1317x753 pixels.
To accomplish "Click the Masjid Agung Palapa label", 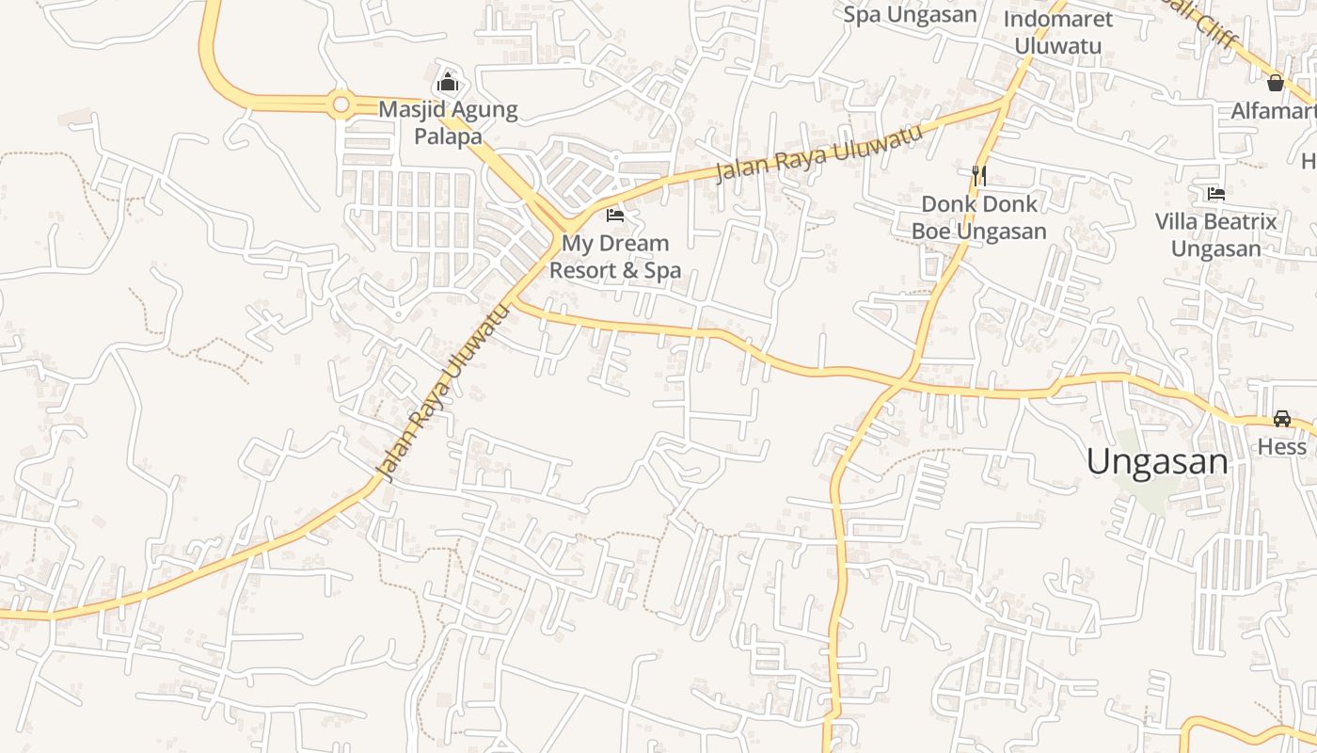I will (x=448, y=122).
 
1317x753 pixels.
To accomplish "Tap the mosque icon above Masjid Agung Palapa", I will (x=448, y=82).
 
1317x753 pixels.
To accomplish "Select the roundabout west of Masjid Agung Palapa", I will (x=341, y=104).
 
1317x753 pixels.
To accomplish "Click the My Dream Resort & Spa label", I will (x=614, y=257).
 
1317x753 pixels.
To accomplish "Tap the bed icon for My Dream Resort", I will (x=615, y=215).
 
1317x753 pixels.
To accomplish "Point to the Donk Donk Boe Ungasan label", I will (x=978, y=217).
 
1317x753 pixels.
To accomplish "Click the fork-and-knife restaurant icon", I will (x=978, y=175).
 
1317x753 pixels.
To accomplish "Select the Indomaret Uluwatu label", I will (x=1057, y=32).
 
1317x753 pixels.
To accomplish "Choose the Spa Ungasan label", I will (x=910, y=14).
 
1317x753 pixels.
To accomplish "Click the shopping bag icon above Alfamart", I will (x=1275, y=83).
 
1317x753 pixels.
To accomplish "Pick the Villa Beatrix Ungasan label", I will (x=1215, y=235).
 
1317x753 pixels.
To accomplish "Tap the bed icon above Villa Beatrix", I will (x=1215, y=194).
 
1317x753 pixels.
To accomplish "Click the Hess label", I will (x=1281, y=446).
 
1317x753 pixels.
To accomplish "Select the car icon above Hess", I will (x=1281, y=418).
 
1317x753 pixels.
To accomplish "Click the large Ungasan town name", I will (x=1157, y=462).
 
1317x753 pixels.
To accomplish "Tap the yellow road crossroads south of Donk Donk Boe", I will (x=901, y=383).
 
